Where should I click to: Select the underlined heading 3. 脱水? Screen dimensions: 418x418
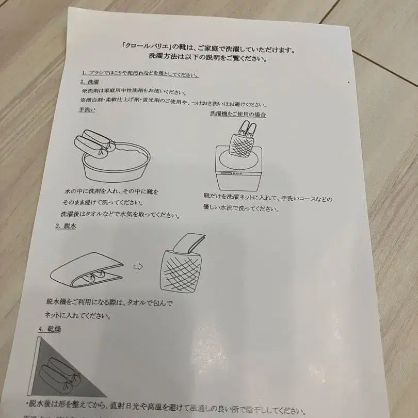coord(65,227)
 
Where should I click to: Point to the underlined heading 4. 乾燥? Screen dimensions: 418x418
coord(49,328)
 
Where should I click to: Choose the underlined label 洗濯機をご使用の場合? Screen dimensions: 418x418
coord(238,114)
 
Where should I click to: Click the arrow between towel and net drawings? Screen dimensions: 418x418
coord(138,266)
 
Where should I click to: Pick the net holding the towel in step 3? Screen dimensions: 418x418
coord(181,268)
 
